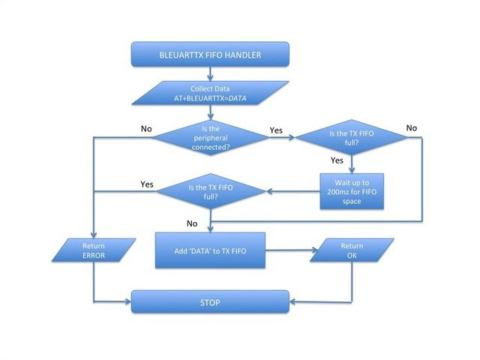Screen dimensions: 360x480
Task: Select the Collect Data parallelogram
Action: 211,92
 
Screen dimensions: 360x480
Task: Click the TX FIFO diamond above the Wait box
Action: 350,137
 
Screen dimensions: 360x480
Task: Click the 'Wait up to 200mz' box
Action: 351,190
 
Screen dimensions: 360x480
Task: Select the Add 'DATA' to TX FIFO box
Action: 211,249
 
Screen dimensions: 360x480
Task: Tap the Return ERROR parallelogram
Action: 93,250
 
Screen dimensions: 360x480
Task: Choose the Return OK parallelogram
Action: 351,250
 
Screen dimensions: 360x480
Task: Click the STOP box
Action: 211,302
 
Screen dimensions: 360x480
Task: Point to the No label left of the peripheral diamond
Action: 146,128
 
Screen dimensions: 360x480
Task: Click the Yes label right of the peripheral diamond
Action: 275,130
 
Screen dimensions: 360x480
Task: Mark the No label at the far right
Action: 411,127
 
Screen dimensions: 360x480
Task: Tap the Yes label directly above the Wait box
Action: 337,160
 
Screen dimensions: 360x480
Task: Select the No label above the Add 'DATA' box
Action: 192,223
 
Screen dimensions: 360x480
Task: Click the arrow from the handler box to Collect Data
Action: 211,73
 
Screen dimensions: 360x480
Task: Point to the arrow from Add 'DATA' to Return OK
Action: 288,250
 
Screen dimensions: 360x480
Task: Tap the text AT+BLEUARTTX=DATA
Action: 211,98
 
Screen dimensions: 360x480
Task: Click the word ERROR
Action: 93,255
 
